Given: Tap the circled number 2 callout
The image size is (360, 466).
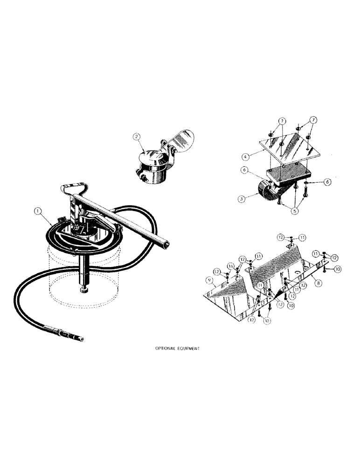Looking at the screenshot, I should pyautogui.click(x=136, y=137).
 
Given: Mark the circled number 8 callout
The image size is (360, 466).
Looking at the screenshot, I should pyautogui.click(x=317, y=282).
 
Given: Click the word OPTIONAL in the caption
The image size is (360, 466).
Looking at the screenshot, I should pyautogui.click(x=165, y=348).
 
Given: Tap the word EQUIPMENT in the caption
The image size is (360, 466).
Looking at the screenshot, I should pyautogui.click(x=189, y=348).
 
